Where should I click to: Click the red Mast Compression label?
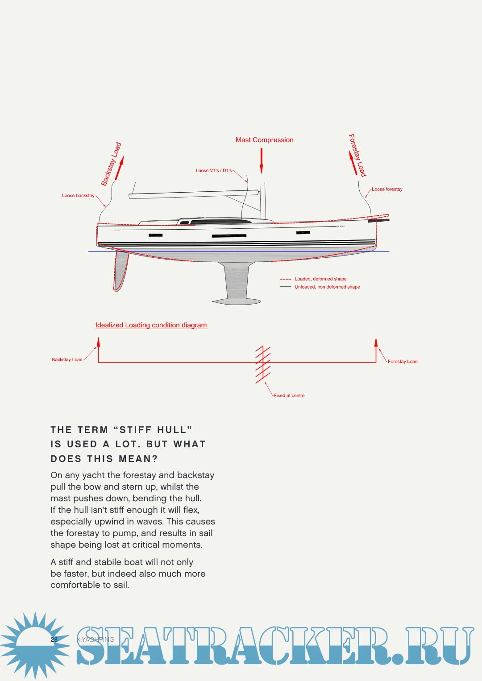coord(264,140)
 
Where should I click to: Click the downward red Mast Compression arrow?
coord(262,161)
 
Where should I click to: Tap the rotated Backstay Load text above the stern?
coord(111,164)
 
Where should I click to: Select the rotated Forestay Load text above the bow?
coord(357,155)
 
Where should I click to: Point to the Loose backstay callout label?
coord(78,196)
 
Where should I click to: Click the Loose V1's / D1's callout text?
coord(214,171)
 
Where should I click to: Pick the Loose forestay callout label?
coord(387,190)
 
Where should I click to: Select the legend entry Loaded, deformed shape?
coord(320,279)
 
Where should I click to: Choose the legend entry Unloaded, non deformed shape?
coord(327,287)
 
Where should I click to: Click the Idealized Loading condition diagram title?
coord(151,325)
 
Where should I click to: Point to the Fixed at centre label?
coord(289,396)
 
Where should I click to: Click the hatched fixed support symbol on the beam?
coord(263,364)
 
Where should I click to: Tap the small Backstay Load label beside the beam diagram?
coord(67,360)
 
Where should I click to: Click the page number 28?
coord(54,640)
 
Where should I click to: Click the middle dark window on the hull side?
coord(229,235)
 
